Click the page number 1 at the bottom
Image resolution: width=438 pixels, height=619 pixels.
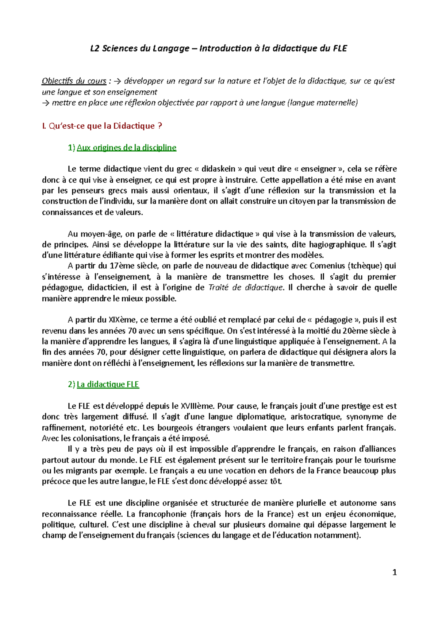tap(394, 573)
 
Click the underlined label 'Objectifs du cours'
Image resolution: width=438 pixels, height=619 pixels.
tap(74, 81)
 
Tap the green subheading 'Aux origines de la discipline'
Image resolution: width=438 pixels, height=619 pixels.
tap(126, 148)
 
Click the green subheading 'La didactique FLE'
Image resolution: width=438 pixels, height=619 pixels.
tap(108, 385)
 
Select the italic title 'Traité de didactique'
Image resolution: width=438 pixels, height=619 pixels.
tap(246, 288)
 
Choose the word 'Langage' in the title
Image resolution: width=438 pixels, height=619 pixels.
tap(171, 48)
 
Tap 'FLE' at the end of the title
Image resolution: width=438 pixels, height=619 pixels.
tap(340, 48)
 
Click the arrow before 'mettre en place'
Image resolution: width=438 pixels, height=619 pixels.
tap(46, 103)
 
